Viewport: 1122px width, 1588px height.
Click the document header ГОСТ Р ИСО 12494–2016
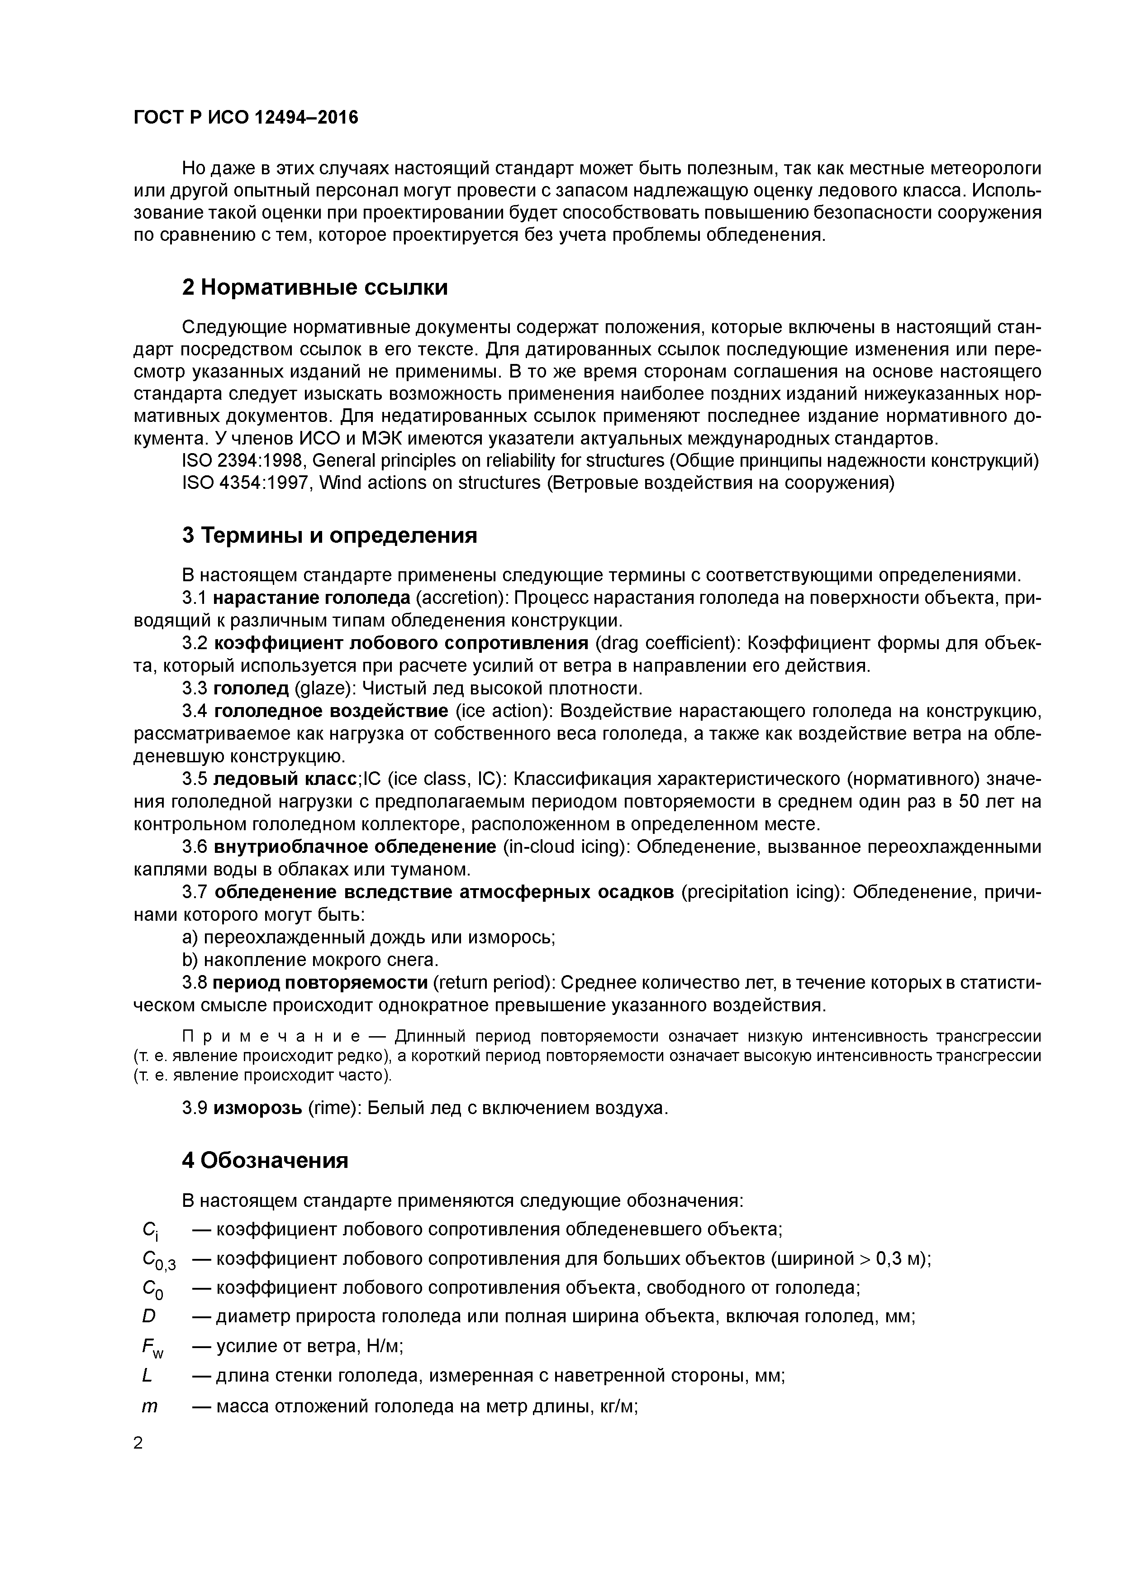pos(246,118)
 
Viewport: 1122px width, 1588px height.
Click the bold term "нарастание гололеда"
pos(312,598)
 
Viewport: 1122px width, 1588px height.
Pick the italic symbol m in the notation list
pos(149,1407)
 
